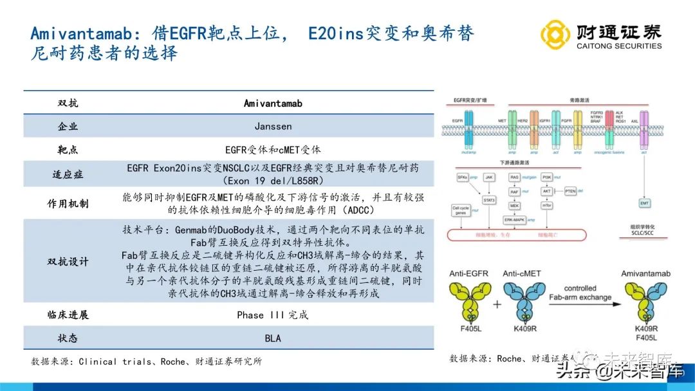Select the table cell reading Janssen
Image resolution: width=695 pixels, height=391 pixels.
point(273,127)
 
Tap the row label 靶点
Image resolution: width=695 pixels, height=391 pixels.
point(68,150)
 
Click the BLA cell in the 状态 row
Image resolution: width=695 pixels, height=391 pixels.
point(273,338)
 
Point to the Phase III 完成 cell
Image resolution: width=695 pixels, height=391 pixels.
point(273,315)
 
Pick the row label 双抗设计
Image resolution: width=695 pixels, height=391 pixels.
point(68,262)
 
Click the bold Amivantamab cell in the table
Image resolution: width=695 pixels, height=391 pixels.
point(273,104)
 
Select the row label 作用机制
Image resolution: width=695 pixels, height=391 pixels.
point(68,204)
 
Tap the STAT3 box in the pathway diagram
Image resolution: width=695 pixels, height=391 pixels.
point(489,200)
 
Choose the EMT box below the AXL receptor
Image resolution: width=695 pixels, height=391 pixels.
point(644,203)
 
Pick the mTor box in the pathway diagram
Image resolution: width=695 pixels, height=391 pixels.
point(547,206)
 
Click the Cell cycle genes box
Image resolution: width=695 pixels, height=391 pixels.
point(461,210)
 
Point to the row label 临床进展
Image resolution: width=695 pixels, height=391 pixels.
point(68,315)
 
